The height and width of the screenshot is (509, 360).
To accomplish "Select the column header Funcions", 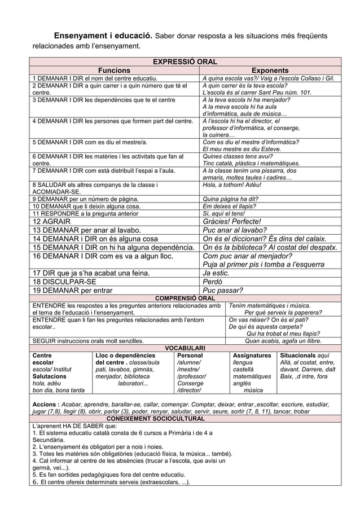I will (x=115, y=70).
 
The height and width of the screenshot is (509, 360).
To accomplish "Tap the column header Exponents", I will (x=270, y=70).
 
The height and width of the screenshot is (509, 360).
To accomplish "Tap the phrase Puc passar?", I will (x=223, y=291).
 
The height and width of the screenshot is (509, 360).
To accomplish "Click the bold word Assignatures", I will (x=252, y=356).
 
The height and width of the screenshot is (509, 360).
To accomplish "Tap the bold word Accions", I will (x=45, y=404).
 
